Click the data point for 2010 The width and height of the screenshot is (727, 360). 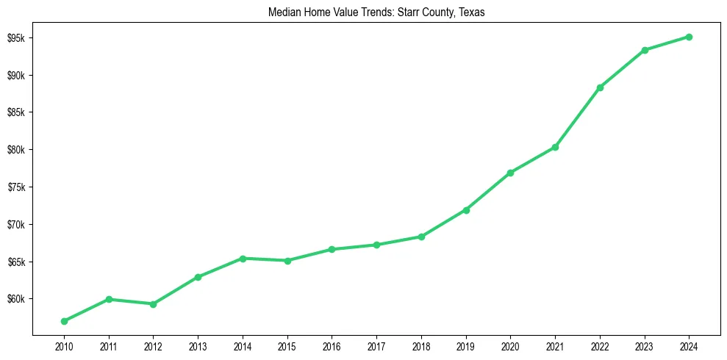(x=64, y=321)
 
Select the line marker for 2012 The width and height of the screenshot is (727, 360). (x=153, y=304)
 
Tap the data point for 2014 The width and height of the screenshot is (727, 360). (x=243, y=259)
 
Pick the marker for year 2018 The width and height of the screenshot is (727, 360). (x=421, y=237)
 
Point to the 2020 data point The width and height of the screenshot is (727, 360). (x=510, y=173)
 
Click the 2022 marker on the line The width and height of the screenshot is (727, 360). (x=600, y=87)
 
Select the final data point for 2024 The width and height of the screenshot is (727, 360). (x=689, y=37)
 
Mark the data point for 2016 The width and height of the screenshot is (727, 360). (x=332, y=250)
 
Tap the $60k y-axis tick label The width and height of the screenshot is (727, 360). (x=18, y=299)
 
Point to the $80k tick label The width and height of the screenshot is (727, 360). (x=18, y=150)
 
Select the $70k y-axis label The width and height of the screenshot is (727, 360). (x=18, y=224)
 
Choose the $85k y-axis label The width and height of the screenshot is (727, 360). (x=18, y=112)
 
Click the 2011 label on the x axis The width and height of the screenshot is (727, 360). (x=109, y=345)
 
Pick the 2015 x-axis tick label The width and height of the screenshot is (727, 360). (x=287, y=345)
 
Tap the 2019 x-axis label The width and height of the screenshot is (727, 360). (x=466, y=345)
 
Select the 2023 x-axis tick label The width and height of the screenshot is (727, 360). (x=645, y=345)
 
